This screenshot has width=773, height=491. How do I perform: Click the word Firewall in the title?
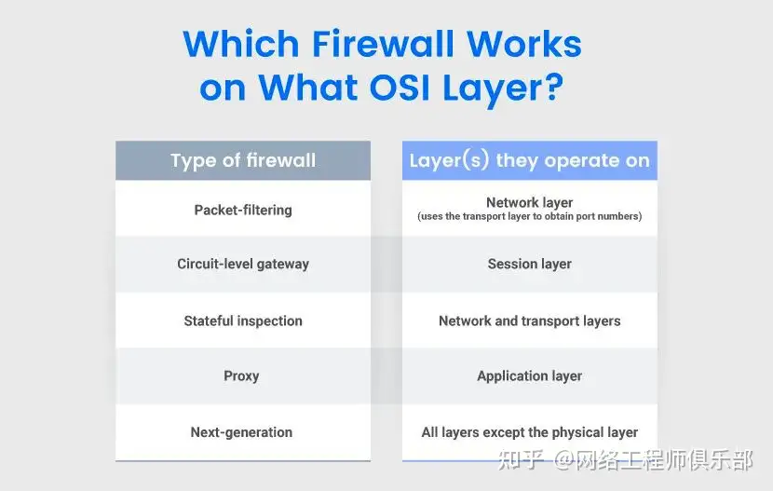382,44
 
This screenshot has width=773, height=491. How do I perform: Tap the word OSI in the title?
400,88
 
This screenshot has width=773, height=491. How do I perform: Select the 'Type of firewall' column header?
243,160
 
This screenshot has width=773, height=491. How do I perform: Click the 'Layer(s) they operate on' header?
530,160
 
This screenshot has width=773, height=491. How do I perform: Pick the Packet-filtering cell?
243,210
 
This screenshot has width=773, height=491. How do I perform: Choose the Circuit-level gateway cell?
243,264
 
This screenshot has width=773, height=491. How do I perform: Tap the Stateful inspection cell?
243,321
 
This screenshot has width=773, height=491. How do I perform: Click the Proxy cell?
241,375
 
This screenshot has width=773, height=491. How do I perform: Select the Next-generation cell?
241,432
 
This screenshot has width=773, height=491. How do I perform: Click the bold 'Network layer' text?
530,202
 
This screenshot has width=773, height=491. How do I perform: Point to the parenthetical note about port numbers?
530,216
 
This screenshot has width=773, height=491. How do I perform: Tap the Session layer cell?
530,264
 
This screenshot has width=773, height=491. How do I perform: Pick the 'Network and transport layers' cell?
530,321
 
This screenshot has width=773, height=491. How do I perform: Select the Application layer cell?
530,376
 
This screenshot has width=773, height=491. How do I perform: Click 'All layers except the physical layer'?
530,432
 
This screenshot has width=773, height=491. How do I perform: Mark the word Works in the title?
524,44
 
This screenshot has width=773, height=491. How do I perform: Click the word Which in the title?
241,44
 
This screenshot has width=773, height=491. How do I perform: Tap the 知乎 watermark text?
521,460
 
